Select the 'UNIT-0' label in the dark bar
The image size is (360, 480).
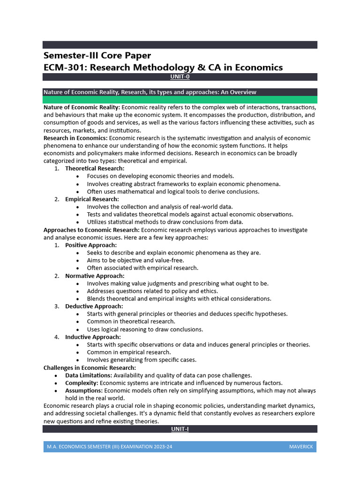(180, 77)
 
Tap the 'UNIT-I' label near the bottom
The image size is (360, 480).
(180, 429)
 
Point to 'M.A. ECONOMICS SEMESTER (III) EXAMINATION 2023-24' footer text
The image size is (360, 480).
(109, 447)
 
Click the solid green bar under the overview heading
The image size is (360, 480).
(180, 100)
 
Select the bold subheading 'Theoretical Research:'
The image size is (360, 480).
(95, 168)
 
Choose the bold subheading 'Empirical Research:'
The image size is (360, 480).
(92, 199)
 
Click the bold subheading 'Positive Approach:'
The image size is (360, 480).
(91, 245)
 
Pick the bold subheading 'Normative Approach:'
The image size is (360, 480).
(95, 276)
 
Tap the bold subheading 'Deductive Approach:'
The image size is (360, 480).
(94, 307)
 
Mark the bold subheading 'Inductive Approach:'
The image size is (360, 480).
(93, 337)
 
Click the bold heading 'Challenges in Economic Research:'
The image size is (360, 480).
(90, 367)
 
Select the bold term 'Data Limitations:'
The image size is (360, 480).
(89, 375)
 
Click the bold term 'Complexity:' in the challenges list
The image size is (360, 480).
(82, 383)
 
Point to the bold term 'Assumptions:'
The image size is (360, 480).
(84, 390)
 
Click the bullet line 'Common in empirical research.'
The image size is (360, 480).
(129, 352)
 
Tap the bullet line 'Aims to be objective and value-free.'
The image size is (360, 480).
(135, 260)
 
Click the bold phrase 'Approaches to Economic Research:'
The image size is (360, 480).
(91, 230)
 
